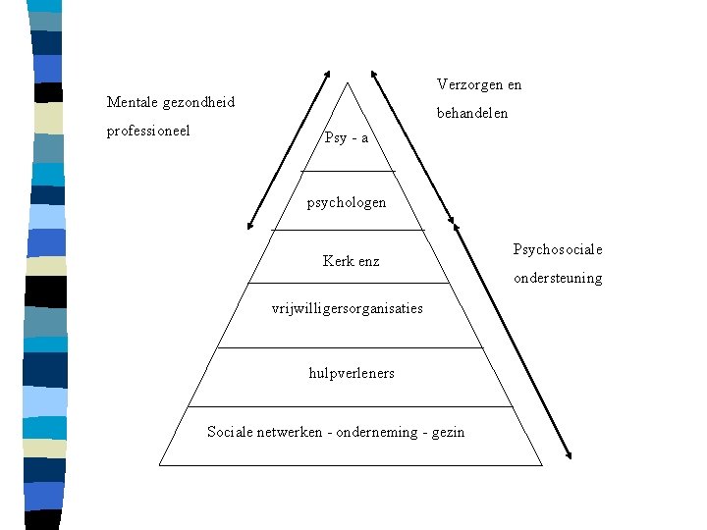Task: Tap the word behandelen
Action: point(472,113)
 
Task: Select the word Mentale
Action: point(134,102)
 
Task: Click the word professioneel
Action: point(148,130)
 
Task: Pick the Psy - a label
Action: point(346,138)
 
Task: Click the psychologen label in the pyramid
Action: point(347,203)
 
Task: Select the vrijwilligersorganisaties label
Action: point(347,308)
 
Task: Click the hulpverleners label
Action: point(352,373)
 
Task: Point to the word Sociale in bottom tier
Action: point(230,432)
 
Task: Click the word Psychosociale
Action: point(558,249)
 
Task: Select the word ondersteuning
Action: point(558,278)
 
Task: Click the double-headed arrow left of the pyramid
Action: point(288,148)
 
